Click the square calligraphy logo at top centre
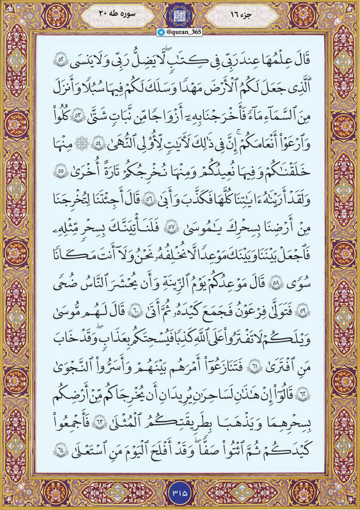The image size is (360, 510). point(180,15)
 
